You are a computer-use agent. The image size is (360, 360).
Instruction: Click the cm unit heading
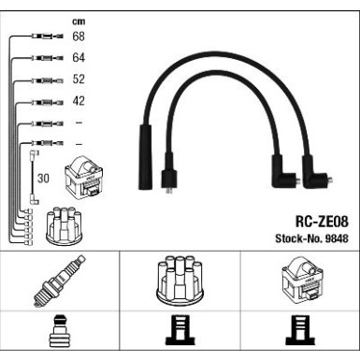[79, 20]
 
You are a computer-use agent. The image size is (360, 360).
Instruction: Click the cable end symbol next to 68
[45, 37]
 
